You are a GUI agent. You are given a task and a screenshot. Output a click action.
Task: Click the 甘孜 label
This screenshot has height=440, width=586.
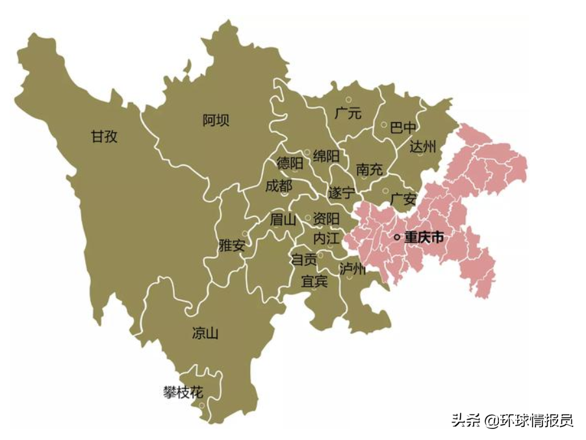tap(105, 136)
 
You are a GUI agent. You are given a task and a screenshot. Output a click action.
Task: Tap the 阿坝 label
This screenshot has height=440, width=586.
tap(216, 120)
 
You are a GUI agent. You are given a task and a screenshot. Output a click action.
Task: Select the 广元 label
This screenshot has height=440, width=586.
tap(348, 112)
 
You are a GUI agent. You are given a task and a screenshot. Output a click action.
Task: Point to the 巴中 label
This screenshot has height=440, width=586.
tap(403, 127)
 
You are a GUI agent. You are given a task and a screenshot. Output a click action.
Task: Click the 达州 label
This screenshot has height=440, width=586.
tap(422, 146)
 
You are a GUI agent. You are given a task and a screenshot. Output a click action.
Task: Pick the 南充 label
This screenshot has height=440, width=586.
tap(369, 170)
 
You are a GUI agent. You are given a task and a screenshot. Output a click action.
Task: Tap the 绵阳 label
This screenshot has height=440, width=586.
tap(326, 156)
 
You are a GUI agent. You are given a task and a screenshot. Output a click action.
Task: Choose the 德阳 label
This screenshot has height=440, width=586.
tap(290, 163)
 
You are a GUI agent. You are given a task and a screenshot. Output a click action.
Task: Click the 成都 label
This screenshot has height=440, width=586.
tap(279, 186)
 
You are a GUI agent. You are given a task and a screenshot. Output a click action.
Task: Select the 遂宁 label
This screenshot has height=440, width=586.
tap(342, 193)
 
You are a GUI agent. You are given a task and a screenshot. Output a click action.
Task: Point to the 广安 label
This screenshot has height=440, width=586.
tap(403, 200)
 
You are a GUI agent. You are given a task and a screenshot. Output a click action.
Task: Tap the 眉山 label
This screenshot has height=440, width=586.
tap(283, 220)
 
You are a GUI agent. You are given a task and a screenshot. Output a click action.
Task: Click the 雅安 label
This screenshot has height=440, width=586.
tap(232, 246)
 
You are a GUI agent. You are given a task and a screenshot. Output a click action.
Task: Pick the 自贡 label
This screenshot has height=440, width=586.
tap(303, 261)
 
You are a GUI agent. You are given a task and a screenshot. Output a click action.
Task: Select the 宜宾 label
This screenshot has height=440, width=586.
tap(314, 282)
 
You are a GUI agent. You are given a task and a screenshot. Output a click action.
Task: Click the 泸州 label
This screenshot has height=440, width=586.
tap(353, 268)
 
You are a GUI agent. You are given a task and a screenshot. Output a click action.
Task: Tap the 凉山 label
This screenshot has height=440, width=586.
tap(205, 334)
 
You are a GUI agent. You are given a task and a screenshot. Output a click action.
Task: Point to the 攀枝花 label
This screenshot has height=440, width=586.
tap(183, 393)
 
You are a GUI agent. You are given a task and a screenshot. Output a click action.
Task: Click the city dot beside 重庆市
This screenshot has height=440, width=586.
tap(397, 238)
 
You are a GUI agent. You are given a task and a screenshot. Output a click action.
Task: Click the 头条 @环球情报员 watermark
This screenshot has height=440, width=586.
tap(513, 421)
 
